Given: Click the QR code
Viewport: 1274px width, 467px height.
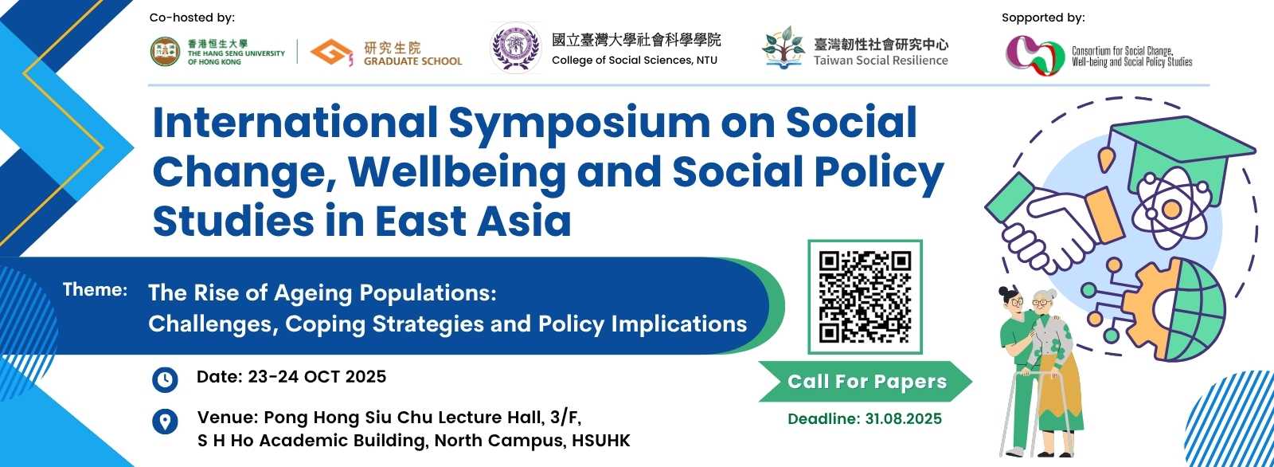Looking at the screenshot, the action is [865, 296].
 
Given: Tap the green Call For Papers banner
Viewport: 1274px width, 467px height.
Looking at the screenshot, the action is [866, 382].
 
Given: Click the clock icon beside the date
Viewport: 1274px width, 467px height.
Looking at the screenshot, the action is [165, 379].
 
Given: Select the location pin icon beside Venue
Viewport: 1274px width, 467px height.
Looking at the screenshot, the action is [165, 422].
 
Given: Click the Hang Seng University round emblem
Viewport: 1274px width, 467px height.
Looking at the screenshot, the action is [165, 52].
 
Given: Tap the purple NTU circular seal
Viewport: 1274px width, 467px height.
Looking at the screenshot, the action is [516, 47].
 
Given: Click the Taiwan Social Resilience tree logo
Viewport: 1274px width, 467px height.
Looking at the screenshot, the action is [784, 48].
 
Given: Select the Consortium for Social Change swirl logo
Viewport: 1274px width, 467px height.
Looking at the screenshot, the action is [1034, 55].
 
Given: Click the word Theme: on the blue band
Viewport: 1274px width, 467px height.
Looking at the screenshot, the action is [95, 290].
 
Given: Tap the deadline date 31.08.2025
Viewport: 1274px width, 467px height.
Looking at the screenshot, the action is [903, 419].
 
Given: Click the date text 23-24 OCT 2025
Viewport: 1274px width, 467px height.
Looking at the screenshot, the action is [317, 377].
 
